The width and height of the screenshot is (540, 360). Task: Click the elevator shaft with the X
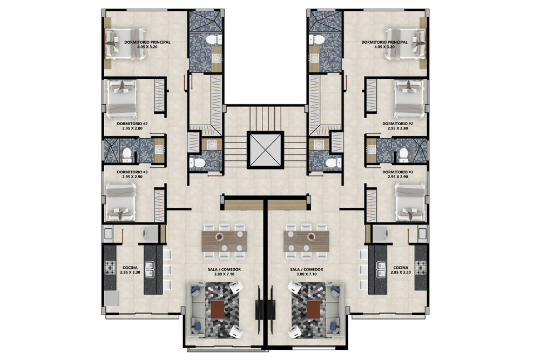[265, 150]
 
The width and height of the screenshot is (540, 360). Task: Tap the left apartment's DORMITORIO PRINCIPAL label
[147, 44]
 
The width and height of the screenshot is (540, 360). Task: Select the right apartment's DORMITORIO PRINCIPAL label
[384, 44]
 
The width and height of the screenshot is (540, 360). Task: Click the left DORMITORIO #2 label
[132, 126]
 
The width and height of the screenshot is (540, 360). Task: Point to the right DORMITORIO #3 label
[398, 174]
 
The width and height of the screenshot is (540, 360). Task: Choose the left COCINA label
[130, 269]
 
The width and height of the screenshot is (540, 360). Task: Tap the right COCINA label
[401, 269]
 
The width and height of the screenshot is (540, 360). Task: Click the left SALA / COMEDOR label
[224, 272]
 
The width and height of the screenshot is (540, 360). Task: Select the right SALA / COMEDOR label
[307, 272]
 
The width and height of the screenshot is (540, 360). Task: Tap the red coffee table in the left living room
[218, 309]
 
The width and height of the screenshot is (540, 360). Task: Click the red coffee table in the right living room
[313, 309]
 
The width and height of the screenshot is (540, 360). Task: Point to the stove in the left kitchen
[110, 268]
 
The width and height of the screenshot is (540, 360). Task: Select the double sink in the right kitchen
[381, 269]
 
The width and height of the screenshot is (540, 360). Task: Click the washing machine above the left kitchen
[151, 234]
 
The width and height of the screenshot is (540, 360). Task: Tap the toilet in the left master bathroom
[212, 40]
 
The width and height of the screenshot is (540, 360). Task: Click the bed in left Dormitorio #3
[120, 202]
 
